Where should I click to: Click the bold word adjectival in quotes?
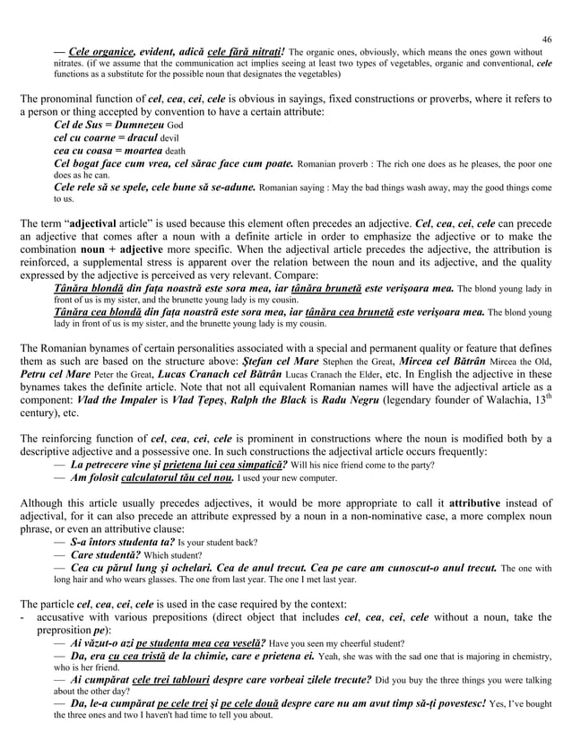[108, 221]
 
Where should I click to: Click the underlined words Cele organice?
[100, 51]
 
